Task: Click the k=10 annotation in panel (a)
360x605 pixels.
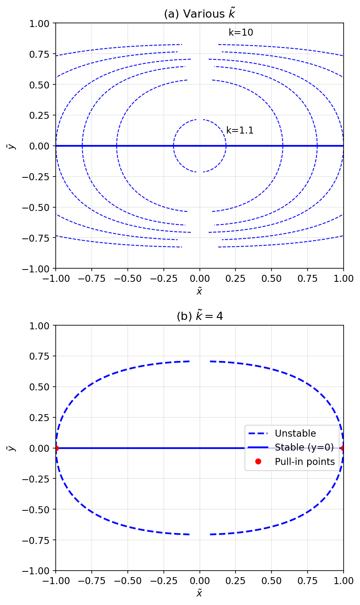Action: tap(241, 33)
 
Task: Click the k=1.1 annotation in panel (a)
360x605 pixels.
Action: tap(240, 131)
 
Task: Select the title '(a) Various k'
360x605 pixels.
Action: tap(199, 14)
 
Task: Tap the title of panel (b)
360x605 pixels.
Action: tap(199, 316)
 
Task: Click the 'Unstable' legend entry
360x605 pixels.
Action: tap(295, 433)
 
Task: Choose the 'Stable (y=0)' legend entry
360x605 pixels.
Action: tap(304, 447)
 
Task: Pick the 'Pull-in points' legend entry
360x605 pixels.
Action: tap(305, 462)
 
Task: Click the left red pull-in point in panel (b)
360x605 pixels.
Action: tap(56, 448)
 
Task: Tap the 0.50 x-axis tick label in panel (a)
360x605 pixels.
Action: tap(272, 279)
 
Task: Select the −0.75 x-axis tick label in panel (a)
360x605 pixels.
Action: tap(91, 279)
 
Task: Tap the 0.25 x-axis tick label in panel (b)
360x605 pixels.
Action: tap(235, 581)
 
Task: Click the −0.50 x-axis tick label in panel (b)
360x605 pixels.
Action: tap(127, 581)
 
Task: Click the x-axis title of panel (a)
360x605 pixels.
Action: tap(199, 291)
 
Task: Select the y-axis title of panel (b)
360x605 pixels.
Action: tap(12, 448)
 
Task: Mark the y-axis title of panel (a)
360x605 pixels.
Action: tap(12, 146)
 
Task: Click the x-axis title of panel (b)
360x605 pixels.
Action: tap(199, 593)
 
